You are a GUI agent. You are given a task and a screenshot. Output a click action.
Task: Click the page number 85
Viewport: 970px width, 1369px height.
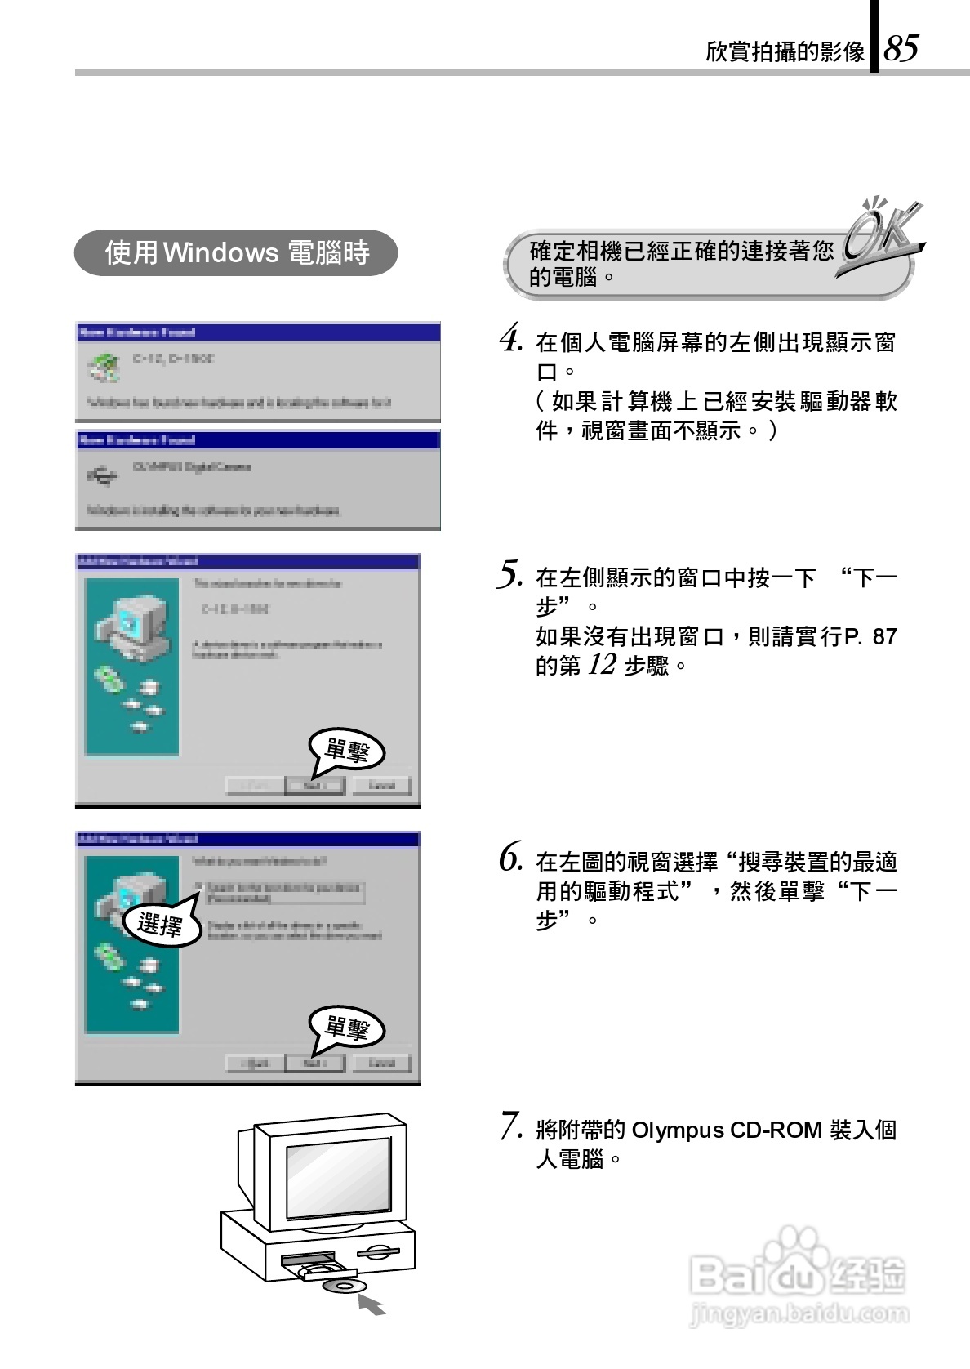click(x=901, y=49)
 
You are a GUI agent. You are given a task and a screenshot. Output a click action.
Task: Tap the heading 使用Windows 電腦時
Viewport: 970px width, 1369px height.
click(x=237, y=253)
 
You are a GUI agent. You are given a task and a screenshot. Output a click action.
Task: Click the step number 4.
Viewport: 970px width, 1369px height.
click(x=510, y=339)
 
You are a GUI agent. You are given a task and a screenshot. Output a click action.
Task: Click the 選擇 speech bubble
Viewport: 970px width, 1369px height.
click(x=162, y=925)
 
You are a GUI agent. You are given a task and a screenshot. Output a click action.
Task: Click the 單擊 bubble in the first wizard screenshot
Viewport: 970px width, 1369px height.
click(x=346, y=750)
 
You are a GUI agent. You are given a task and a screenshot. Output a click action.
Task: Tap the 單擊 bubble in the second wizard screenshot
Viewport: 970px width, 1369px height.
click(x=346, y=1028)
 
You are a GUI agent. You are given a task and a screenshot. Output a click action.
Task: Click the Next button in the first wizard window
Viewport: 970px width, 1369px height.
click(x=314, y=786)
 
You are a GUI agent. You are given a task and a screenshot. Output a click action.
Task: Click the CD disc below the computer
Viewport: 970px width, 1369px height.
click(x=340, y=1287)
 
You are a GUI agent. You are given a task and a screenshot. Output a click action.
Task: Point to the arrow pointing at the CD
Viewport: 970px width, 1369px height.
click(x=372, y=1304)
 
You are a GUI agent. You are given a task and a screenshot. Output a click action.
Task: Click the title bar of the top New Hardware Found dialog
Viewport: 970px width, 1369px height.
click(x=257, y=332)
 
